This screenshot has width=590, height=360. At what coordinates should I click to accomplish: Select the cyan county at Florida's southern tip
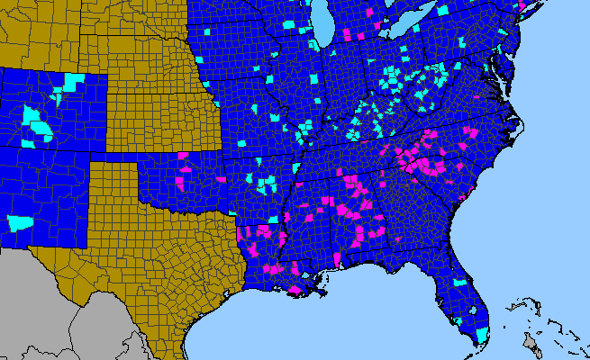pos(482,335)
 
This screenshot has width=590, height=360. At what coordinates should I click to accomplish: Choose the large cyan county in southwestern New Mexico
pos(20,221)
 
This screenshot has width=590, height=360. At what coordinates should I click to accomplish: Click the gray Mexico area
pos(54,306)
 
